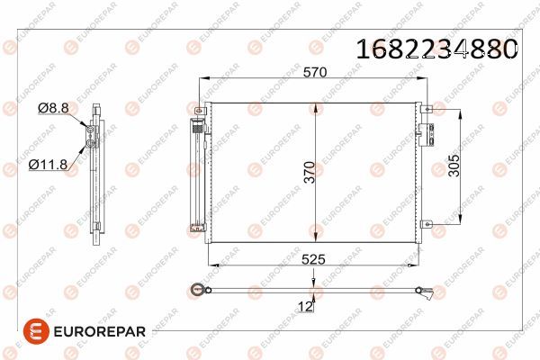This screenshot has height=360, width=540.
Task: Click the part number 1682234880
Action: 436,49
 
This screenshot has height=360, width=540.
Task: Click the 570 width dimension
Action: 315,72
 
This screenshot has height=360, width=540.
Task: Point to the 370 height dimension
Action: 310,172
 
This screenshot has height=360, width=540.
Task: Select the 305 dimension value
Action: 454,166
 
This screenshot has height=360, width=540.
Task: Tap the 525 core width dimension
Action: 313,259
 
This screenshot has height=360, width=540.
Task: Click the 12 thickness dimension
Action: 305,307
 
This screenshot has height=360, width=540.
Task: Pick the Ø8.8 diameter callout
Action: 53,108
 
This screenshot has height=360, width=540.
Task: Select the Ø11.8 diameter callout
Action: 49,165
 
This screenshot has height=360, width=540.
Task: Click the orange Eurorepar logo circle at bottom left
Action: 36,331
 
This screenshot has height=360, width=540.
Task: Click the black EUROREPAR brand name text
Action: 100,332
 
